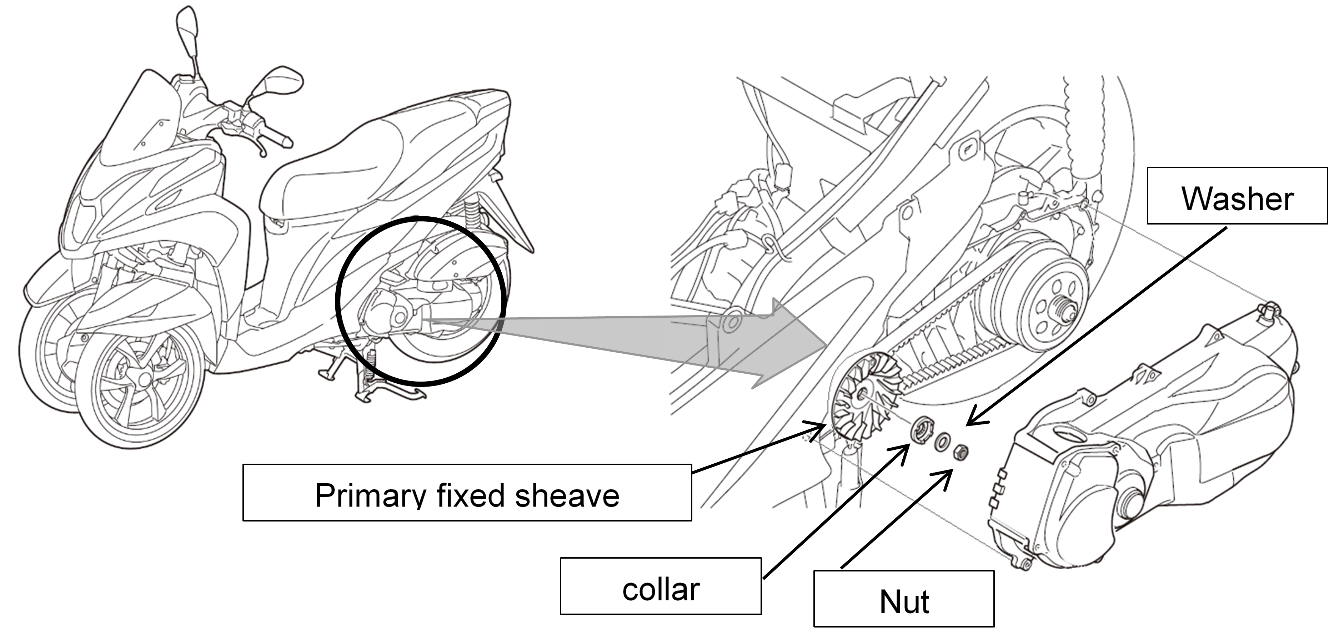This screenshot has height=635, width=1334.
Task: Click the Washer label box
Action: pyautogui.click(x=1237, y=196)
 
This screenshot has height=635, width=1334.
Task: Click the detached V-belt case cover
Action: pyautogui.click(x=1139, y=450)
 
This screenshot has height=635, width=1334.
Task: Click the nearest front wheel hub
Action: pyautogui.click(x=140, y=378)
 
